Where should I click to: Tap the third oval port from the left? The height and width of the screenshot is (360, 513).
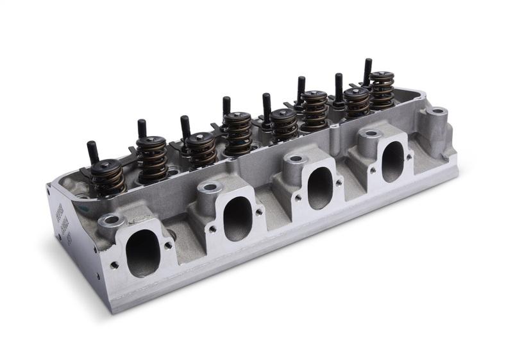[x=319, y=187]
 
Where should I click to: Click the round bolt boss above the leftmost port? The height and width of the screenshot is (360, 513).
[x=112, y=220]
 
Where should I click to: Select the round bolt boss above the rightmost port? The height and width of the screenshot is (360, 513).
[x=371, y=134]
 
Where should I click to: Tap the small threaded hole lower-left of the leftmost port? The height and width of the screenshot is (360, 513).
[x=114, y=264]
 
